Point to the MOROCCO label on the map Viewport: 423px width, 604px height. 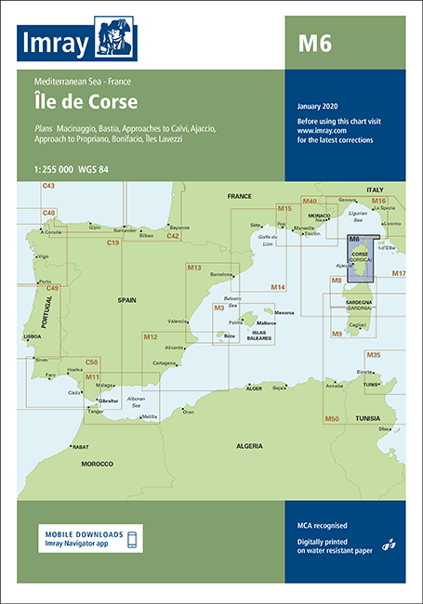[96, 463]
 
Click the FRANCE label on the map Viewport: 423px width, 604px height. [240, 197]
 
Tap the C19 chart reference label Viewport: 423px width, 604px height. [113, 243]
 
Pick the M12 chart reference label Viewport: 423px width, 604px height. [152, 336]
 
